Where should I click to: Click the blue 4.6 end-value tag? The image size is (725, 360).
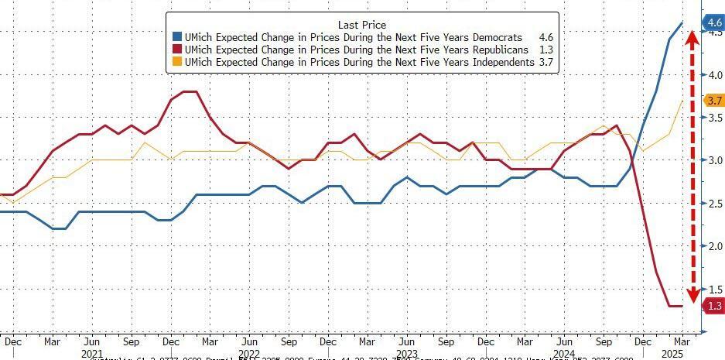[x=712, y=23]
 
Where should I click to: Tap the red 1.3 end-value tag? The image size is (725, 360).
[x=713, y=306]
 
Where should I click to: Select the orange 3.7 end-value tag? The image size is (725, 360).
[x=713, y=101]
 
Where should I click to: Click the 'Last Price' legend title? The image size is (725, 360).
[x=361, y=25]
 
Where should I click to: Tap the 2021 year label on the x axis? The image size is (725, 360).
[x=91, y=352]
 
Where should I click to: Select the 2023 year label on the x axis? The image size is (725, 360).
[x=406, y=352]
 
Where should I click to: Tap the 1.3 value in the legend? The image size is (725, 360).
[x=545, y=50]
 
